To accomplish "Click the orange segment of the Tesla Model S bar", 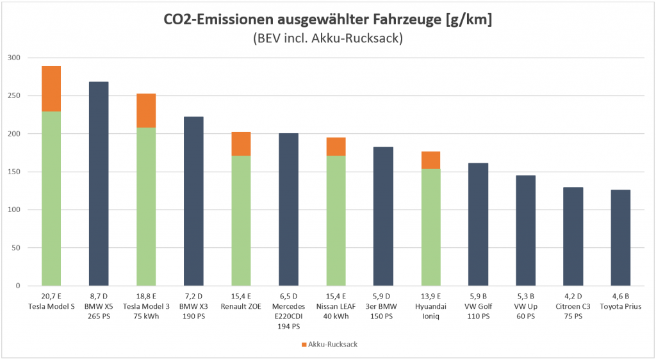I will pyautogui.click(x=51, y=88).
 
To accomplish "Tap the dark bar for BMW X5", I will pyautogui.click(x=99, y=183).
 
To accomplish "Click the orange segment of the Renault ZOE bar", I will pyautogui.click(x=241, y=143).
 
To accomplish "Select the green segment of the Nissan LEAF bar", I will pyautogui.click(x=336, y=220).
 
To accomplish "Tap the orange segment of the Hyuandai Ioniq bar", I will pyautogui.click(x=430, y=160).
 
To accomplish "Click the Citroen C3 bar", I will pyautogui.click(x=573, y=236).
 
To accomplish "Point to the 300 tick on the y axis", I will pyautogui.click(x=14, y=58).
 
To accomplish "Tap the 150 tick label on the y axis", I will pyautogui.click(x=14, y=172).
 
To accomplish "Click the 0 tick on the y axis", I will pyautogui.click(x=19, y=286).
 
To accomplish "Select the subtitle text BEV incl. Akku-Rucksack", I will pyautogui.click(x=327, y=39).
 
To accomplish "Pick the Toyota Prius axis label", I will pyautogui.click(x=620, y=306).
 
